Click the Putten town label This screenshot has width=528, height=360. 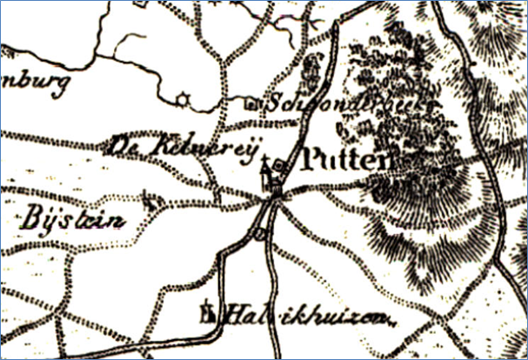345,162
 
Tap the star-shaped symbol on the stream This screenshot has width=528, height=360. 183,99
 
